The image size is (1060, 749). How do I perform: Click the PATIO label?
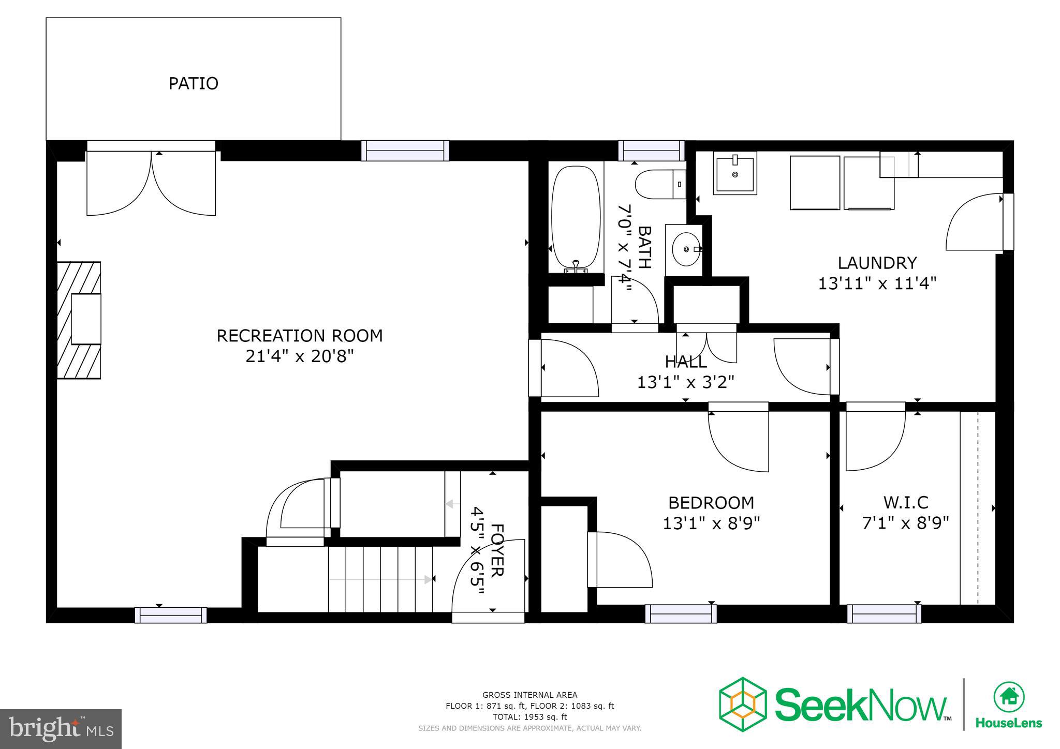pyautogui.click(x=193, y=83)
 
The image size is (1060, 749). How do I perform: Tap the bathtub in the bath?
pyautogui.click(x=576, y=219)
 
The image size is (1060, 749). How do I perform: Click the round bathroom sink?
pyautogui.click(x=686, y=249)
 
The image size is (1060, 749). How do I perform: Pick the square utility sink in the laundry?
pyautogui.click(x=734, y=173)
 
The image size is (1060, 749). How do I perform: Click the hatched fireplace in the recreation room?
pyautogui.click(x=79, y=320)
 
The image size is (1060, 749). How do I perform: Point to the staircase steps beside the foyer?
pyautogui.click(x=380, y=579)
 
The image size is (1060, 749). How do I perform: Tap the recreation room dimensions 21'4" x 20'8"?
pyautogui.click(x=299, y=356)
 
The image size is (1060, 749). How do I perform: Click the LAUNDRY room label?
pyautogui.click(x=877, y=263)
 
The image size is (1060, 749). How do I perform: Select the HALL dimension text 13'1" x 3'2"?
pyautogui.click(x=685, y=382)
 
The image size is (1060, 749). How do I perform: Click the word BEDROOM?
pyautogui.click(x=711, y=502)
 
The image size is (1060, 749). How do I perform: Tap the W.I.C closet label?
pyautogui.click(x=905, y=502)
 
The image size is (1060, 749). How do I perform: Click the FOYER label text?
pyautogui.click(x=496, y=550)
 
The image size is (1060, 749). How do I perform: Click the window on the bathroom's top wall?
pyautogui.click(x=651, y=151)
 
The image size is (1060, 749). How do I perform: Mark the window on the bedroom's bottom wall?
pyautogui.click(x=681, y=613)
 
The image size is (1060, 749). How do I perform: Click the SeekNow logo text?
pyautogui.click(x=861, y=705)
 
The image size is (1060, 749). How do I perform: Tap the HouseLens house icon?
pyautogui.click(x=1008, y=696)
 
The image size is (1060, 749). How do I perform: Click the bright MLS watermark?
pyautogui.click(x=61, y=729)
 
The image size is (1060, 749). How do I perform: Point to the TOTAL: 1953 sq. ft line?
pyautogui.click(x=529, y=717)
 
